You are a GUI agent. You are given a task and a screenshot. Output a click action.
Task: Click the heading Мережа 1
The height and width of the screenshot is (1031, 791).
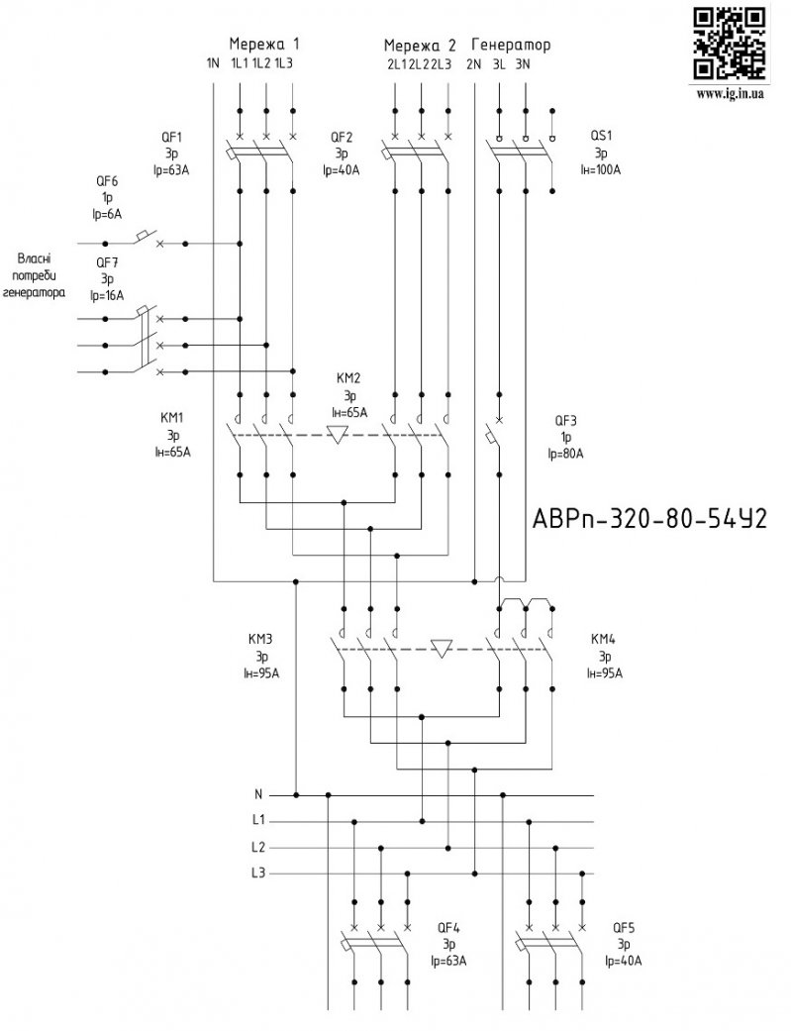[x=264, y=45]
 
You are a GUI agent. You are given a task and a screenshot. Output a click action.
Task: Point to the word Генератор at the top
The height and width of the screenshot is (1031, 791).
[x=511, y=46]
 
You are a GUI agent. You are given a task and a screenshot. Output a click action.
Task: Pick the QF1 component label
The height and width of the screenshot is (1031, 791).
[x=171, y=137]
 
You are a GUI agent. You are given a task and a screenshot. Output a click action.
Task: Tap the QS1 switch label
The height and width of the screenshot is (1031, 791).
[x=601, y=137]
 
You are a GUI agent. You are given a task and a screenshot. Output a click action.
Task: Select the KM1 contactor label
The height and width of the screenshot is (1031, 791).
[x=172, y=418]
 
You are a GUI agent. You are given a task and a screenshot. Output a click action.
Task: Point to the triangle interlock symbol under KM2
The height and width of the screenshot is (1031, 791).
[x=338, y=435]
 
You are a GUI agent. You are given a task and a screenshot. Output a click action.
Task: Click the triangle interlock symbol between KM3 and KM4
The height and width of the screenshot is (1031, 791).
[x=443, y=648]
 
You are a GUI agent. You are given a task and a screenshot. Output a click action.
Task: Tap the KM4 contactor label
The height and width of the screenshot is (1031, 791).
[x=602, y=639]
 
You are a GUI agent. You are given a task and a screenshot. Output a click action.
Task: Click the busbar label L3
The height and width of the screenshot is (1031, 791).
[x=258, y=873]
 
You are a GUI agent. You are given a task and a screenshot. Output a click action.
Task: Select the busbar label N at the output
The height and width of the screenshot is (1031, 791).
[x=258, y=794]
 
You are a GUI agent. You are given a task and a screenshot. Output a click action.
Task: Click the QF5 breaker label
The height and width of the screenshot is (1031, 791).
[x=625, y=927]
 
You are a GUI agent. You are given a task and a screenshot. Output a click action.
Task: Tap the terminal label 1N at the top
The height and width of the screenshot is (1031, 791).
[x=213, y=64]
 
